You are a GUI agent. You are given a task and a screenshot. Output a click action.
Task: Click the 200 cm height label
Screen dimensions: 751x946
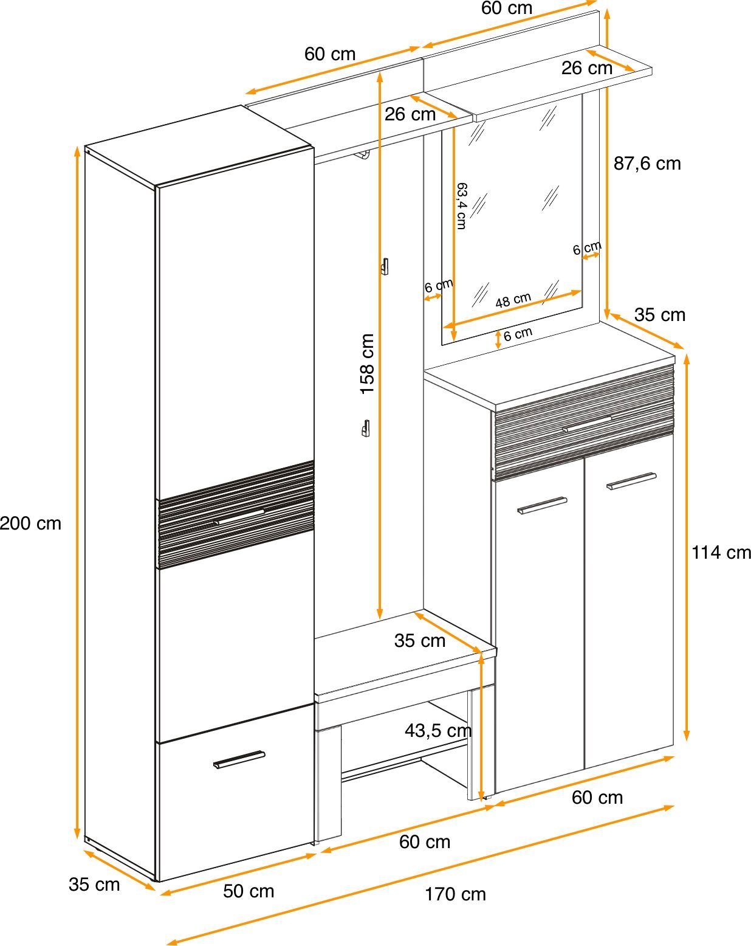[x=30, y=523]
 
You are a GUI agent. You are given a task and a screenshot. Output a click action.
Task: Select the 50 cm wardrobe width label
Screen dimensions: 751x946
[x=249, y=891]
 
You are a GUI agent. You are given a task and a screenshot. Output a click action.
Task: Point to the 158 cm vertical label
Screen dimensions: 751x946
[x=367, y=364]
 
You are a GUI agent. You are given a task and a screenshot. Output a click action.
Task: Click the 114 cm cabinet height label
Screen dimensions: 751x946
[x=721, y=553]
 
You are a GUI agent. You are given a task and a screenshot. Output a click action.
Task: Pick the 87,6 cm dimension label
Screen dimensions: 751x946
[x=647, y=164]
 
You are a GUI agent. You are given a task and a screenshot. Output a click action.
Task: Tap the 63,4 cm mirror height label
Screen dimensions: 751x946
[x=461, y=206]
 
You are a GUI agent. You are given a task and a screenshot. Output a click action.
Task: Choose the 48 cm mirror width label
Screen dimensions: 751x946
[x=513, y=300]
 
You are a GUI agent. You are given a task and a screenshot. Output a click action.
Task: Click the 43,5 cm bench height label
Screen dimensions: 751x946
[x=438, y=730]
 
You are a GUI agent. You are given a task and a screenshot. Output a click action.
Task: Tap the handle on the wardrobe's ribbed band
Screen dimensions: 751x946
[x=239, y=517]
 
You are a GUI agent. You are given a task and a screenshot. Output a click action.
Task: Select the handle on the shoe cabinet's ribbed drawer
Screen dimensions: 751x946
[x=587, y=424]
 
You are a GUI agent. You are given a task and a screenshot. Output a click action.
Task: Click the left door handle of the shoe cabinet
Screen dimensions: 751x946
[x=542, y=505]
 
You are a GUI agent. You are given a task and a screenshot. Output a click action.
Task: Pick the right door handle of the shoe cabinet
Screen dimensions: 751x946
[x=631, y=481]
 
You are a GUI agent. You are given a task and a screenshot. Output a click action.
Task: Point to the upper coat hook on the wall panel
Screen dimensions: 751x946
[x=385, y=266]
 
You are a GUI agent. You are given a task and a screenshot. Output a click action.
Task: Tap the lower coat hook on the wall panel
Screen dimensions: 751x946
[x=366, y=428]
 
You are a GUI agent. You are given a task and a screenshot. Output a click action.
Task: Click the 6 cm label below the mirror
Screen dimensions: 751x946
[x=518, y=334]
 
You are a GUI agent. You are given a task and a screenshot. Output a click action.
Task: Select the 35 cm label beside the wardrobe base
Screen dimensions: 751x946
[x=94, y=885]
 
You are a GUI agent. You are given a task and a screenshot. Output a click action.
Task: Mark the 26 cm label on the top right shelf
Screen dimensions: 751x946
[x=587, y=68]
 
